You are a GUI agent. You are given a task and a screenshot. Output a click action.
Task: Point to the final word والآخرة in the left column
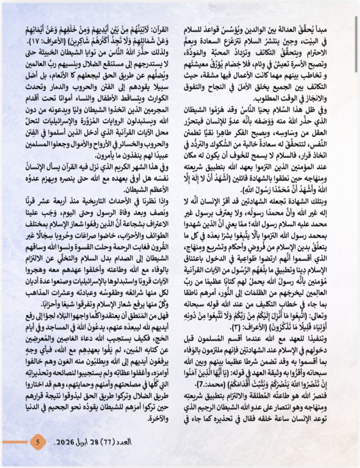[157, 420]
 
